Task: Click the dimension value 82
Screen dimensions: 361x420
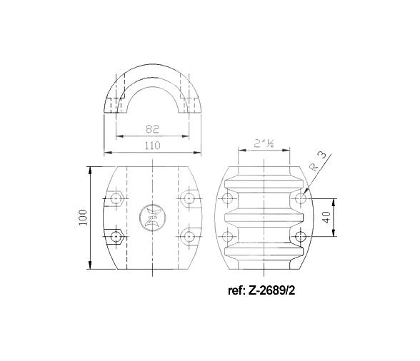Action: (x=151, y=130)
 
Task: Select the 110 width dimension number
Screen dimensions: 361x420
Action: (x=151, y=146)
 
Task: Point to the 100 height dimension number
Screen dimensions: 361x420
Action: (x=83, y=218)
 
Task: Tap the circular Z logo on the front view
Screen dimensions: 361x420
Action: (x=151, y=216)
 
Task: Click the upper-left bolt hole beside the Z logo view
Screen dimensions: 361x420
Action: (x=116, y=198)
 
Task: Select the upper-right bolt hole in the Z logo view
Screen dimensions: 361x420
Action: (x=188, y=198)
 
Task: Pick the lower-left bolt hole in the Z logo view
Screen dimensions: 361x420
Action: (x=116, y=235)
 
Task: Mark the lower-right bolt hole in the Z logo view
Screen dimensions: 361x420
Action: (x=188, y=235)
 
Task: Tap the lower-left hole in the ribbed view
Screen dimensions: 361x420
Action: (x=229, y=237)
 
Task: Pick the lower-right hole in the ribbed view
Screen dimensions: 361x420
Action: (x=301, y=237)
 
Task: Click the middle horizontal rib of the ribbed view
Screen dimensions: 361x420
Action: (x=265, y=218)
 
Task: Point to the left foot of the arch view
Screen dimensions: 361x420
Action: (x=114, y=107)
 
